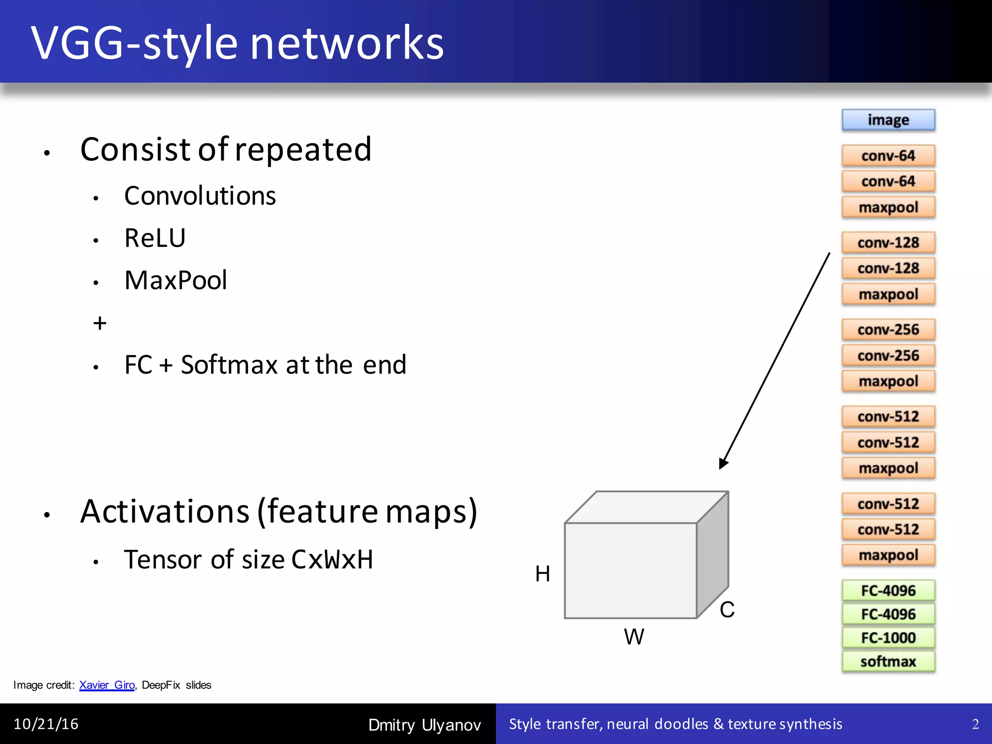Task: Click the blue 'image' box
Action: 888,120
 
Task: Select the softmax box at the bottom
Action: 888,661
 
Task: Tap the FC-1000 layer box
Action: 888,637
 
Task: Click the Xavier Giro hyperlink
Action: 107,685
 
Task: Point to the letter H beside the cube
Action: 542,574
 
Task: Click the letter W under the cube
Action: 634,636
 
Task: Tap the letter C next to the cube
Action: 727,609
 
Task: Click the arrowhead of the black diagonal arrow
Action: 723,463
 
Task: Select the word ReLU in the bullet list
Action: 155,238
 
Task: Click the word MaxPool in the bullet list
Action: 175,280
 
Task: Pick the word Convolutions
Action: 200,196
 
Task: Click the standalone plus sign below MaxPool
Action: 100,323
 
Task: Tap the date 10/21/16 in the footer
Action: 46,724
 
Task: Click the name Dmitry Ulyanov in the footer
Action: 424,725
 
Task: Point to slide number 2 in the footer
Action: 976,724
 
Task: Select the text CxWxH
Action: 332,559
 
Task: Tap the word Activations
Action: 165,511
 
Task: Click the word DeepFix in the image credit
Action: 161,685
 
